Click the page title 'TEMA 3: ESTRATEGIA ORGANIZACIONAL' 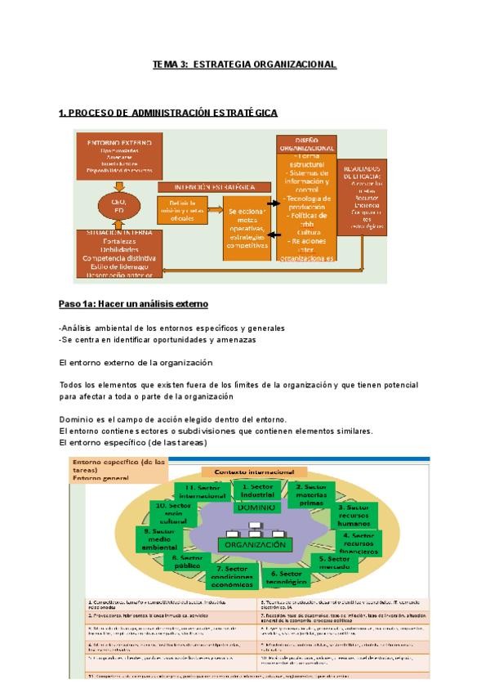click(244, 65)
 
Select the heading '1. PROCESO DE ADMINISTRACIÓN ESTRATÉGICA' click(168, 113)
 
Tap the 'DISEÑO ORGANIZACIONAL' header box click(307, 143)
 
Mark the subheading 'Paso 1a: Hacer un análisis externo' click(133, 304)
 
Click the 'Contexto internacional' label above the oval click(253, 472)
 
